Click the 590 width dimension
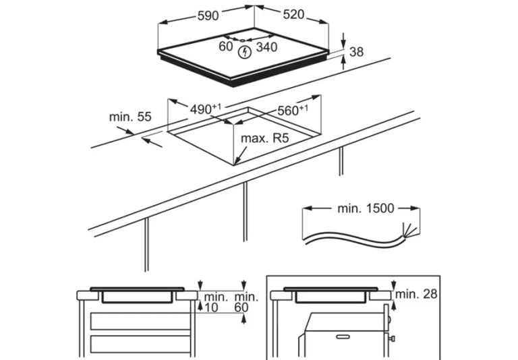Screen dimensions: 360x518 207,16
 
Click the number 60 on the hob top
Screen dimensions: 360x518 225,47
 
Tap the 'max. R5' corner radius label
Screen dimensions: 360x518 264,139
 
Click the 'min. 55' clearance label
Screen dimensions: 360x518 130,117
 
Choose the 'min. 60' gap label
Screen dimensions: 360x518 246,301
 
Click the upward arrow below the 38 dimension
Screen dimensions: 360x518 344,62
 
